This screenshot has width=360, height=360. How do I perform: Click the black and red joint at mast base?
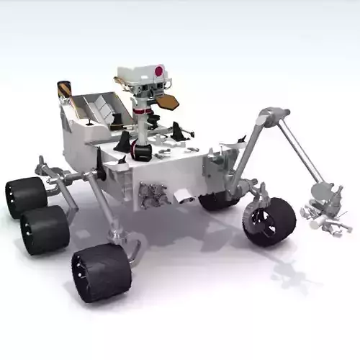pos(141,150)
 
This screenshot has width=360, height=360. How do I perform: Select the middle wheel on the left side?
pos(44,228)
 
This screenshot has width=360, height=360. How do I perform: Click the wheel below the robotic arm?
pos(267,222)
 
